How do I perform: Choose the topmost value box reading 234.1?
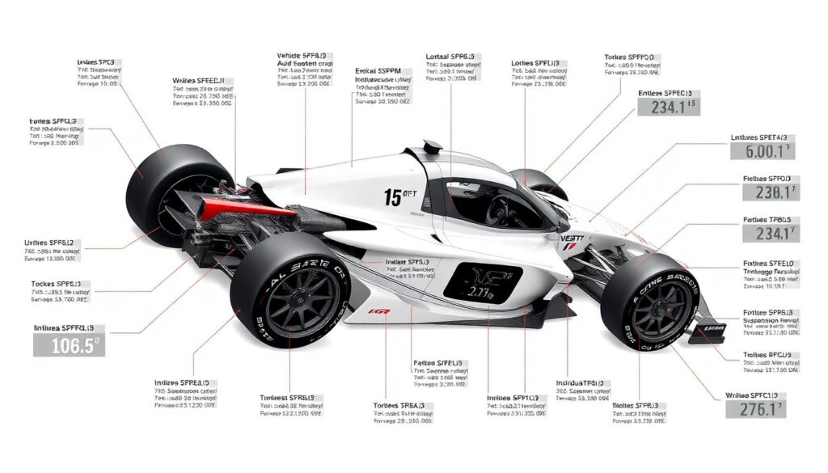(x=668, y=106)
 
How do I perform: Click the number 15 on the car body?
(x=394, y=197)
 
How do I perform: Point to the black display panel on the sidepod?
(x=482, y=283)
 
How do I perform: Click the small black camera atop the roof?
(x=433, y=146)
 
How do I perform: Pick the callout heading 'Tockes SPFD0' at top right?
(x=636, y=58)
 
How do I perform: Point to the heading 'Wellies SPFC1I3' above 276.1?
(x=757, y=395)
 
